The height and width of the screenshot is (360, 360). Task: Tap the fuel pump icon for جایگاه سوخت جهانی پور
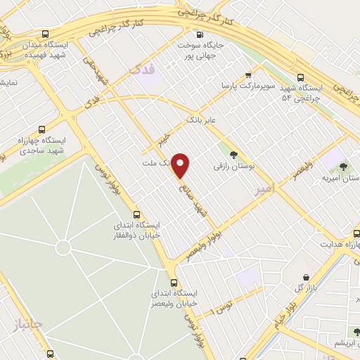(x=200, y=34)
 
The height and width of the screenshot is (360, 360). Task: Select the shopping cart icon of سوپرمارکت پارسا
(x=248, y=75)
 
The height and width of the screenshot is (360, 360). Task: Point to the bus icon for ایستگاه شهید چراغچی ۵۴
(x=301, y=78)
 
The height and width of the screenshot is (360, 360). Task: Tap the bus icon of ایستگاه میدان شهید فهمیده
(x=46, y=34)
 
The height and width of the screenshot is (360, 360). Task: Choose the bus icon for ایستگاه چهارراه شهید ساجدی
(x=41, y=129)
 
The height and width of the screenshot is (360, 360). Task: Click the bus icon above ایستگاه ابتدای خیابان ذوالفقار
(x=136, y=214)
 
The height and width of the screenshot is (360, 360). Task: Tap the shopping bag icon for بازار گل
(x=306, y=277)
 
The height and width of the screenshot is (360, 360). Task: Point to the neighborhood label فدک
(x=141, y=67)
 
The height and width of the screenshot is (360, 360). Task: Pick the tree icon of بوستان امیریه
(x=343, y=167)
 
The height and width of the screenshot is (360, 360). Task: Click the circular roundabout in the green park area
(x=63, y=247)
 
